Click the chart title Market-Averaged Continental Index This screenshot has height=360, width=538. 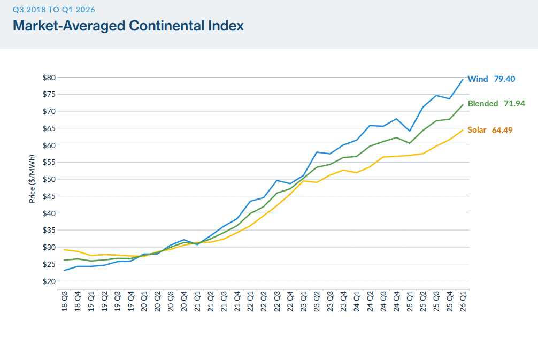tap(128, 25)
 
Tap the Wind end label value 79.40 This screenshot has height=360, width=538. tap(504, 79)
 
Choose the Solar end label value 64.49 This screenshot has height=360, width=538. tap(502, 130)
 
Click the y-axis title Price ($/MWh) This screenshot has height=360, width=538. tap(33, 179)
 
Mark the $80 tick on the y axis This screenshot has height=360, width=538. tap(49, 78)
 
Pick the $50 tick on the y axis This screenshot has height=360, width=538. tap(49, 179)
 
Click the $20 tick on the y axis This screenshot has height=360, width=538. tap(49, 281)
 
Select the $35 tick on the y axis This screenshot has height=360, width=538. tap(49, 231)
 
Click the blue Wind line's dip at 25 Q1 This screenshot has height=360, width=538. tap(410, 131)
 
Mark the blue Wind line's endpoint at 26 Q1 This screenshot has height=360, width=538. tap(463, 80)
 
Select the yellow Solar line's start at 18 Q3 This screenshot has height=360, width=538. tap(64, 250)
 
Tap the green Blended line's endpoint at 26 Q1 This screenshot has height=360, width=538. tap(463, 105)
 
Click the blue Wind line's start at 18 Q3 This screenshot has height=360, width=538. tap(64, 270)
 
